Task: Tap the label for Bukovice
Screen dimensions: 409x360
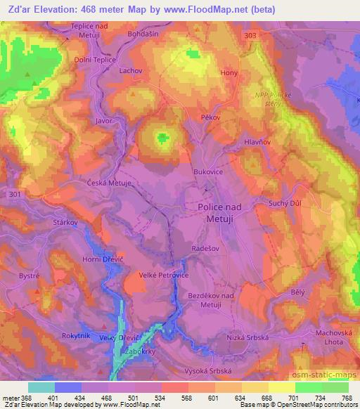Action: tap(208, 171)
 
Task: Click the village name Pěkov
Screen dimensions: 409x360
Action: tap(212, 119)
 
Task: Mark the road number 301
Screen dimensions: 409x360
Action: tap(13, 194)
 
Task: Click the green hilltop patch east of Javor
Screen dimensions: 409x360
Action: tap(163, 137)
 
